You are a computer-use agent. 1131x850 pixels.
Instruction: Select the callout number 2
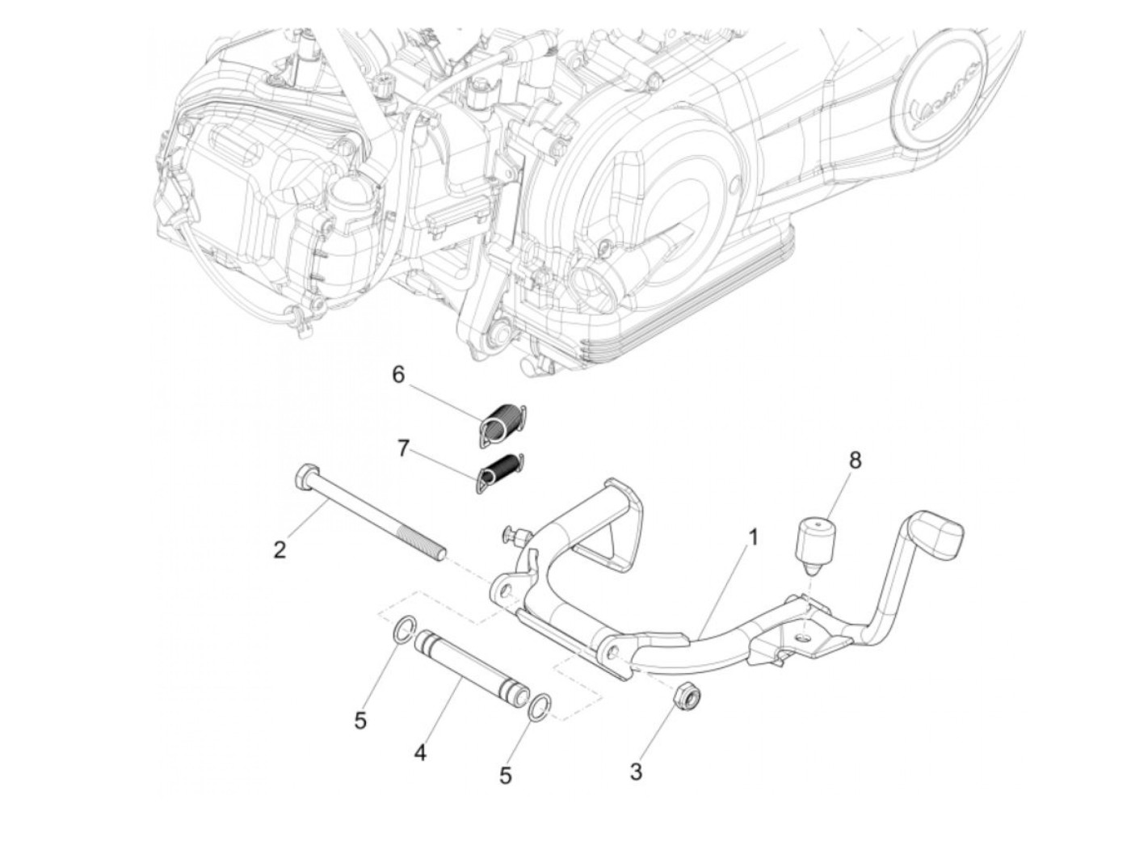click(280, 550)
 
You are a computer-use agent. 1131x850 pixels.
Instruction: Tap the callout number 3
click(636, 772)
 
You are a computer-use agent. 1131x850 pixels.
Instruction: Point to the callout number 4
click(419, 754)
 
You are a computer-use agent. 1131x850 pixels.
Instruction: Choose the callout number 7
click(403, 448)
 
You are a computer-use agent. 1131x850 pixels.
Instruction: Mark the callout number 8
click(855, 461)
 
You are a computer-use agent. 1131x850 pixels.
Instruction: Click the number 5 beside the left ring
click(360, 720)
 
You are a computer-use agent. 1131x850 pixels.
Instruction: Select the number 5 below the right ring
click(506, 776)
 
